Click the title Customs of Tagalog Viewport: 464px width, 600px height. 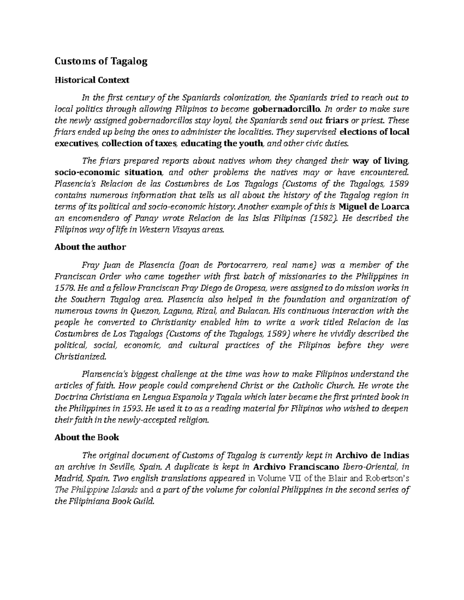(101, 61)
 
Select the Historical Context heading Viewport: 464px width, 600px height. (92, 80)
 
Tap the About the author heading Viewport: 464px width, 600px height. (90, 247)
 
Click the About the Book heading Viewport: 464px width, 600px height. (87, 437)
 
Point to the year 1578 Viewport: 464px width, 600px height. (64, 288)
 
